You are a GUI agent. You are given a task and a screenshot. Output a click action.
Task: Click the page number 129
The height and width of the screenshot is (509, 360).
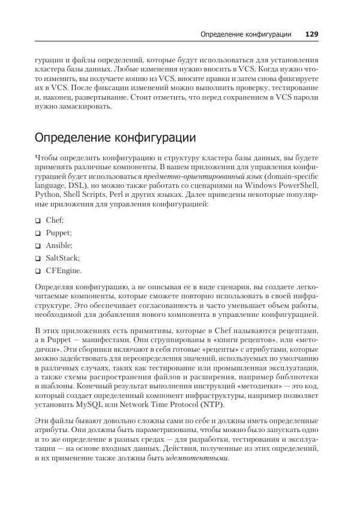[311, 34]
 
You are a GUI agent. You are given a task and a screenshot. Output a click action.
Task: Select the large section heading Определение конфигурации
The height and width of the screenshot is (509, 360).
[115, 137]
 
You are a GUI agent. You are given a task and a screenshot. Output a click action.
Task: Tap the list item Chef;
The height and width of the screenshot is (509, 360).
[55, 220]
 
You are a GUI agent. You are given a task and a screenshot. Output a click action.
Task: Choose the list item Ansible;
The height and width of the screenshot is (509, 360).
[59, 245]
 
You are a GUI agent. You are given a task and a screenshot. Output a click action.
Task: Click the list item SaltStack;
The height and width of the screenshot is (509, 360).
[62, 258]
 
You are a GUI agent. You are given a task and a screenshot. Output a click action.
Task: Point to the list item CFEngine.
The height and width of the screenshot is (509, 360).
[64, 271]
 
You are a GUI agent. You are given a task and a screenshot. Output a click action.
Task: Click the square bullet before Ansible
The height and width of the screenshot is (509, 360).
[38, 246]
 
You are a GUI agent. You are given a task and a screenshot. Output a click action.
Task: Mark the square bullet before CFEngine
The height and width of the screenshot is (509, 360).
[38, 271]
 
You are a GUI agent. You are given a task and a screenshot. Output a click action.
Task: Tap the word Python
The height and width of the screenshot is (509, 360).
[48, 196]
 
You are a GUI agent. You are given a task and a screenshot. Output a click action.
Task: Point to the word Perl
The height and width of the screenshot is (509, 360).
[125, 196]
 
